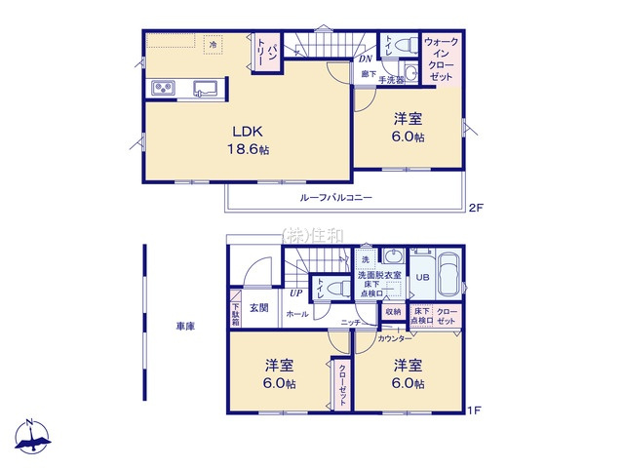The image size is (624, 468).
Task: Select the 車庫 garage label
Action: click(185, 326)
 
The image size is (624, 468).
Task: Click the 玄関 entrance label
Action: click(258, 308)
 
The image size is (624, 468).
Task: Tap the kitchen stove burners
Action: click(162, 91)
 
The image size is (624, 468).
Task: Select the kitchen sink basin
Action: click(205, 90)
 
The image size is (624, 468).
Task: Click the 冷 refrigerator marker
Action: click(213, 44)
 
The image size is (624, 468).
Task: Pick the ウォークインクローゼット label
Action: click(441, 58)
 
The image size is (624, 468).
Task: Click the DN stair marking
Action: click(364, 59)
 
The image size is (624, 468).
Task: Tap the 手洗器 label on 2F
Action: click(392, 79)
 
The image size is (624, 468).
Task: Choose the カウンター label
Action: click(395, 338)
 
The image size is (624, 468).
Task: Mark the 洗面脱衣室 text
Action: click(378, 276)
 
